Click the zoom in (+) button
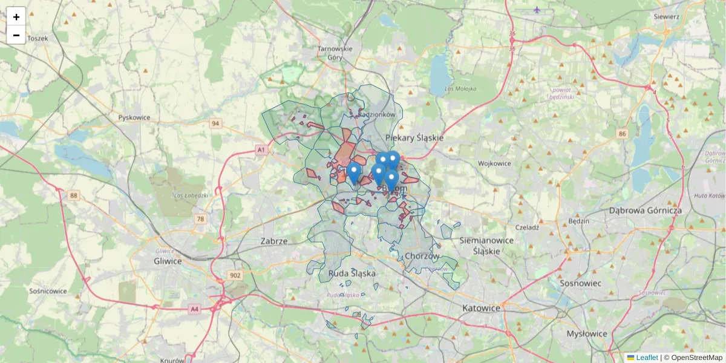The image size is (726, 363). (16, 17)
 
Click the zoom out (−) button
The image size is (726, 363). (16, 35)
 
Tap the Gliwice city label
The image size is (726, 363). (168, 261)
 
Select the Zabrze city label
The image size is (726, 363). (273, 241)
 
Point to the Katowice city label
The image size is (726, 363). (481, 308)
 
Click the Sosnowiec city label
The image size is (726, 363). (580, 283)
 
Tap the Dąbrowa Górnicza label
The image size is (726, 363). (646, 211)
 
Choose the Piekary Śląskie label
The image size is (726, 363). (414, 138)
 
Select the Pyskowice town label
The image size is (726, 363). (134, 117)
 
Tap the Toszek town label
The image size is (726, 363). (38, 38)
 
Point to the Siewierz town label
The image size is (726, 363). (666, 17)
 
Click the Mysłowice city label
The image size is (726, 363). (587, 333)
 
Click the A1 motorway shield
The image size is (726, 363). (261, 149)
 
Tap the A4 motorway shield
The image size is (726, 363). (194, 309)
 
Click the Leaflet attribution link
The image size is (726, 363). (647, 358)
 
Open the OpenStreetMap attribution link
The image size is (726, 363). (697, 358)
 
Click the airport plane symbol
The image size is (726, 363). (537, 10)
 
